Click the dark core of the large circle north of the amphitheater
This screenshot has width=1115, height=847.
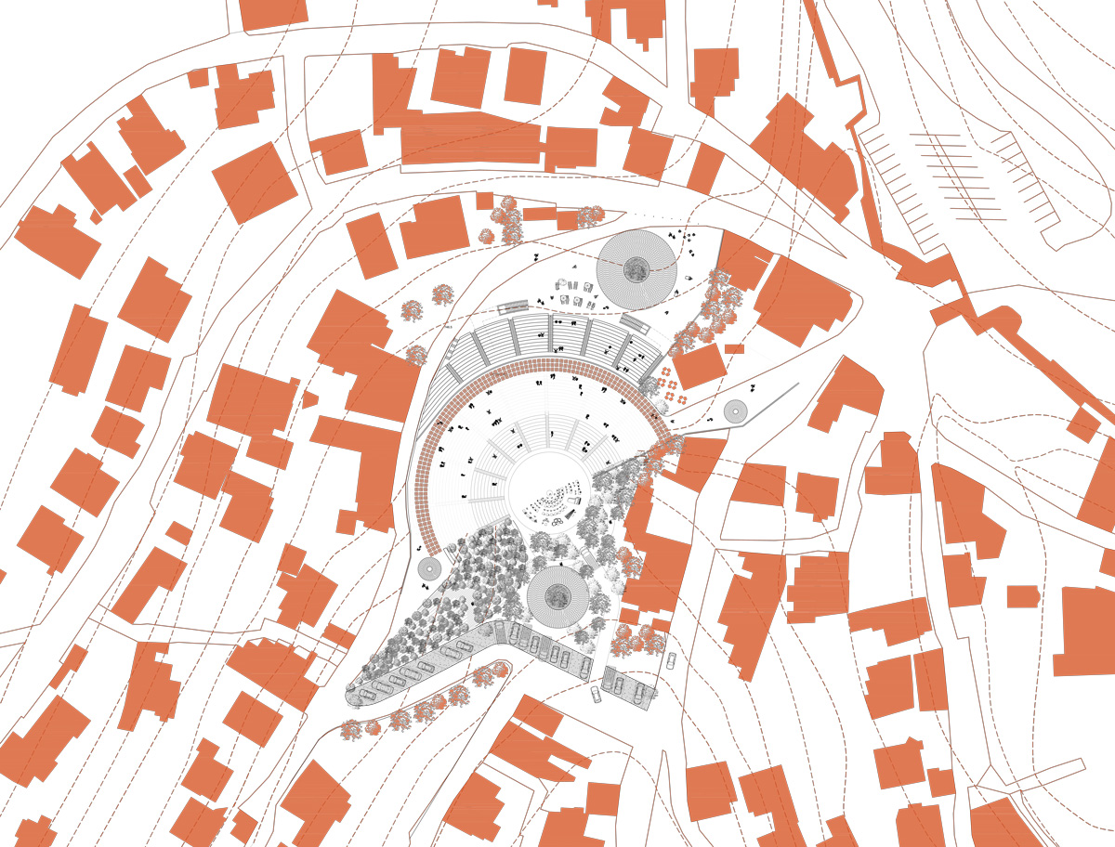(x=636, y=270)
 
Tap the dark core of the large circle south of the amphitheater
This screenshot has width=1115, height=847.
(x=557, y=596)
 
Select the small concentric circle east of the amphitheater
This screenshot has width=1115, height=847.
(x=735, y=411)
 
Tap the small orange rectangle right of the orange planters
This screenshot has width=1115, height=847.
(x=734, y=349)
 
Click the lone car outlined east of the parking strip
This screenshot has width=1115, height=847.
(x=671, y=661)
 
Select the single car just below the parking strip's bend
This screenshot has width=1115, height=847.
(x=597, y=695)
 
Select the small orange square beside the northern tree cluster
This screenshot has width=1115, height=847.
(x=484, y=201)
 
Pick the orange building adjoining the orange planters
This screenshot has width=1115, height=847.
(x=699, y=366)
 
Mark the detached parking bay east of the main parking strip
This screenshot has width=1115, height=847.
(x=630, y=687)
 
